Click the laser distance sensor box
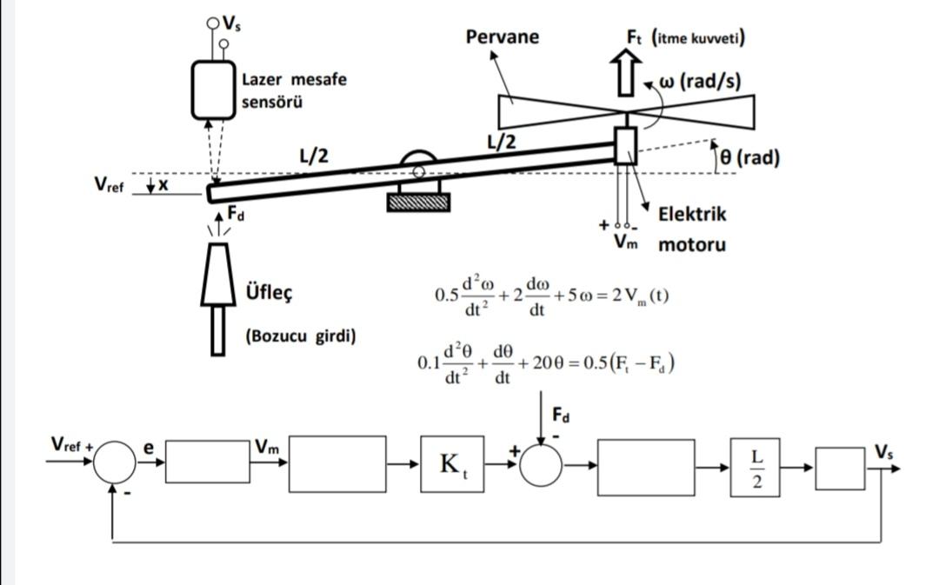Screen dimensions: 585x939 point(214,90)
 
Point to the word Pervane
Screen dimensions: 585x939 point(502,37)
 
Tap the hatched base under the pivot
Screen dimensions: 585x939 point(418,203)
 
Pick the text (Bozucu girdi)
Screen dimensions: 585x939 point(301,336)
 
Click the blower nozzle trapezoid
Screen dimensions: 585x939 point(219,274)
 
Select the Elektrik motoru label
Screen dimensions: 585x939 point(691,229)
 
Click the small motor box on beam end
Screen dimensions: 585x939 point(625,145)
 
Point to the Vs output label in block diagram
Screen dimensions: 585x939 point(883,450)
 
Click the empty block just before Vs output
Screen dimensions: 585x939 point(839,468)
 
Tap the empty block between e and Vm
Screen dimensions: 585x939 point(206,462)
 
